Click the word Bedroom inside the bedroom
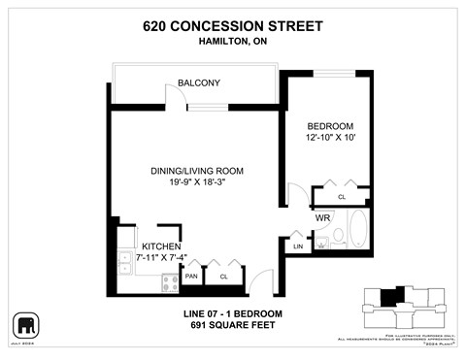(x=330, y=126)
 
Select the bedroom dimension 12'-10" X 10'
(x=330, y=140)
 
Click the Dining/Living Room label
(x=196, y=171)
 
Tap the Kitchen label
(x=159, y=245)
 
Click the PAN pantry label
(x=192, y=277)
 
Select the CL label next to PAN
(x=223, y=277)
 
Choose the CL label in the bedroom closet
(x=342, y=197)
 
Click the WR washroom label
(x=322, y=218)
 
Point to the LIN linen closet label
(x=297, y=248)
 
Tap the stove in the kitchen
(x=168, y=283)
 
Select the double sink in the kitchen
(x=125, y=262)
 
